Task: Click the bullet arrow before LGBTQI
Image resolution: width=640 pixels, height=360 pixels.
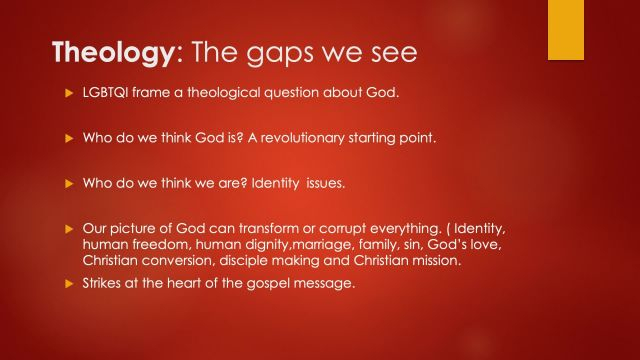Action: pos(68,94)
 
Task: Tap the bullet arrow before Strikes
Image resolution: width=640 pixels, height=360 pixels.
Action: pos(68,285)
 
